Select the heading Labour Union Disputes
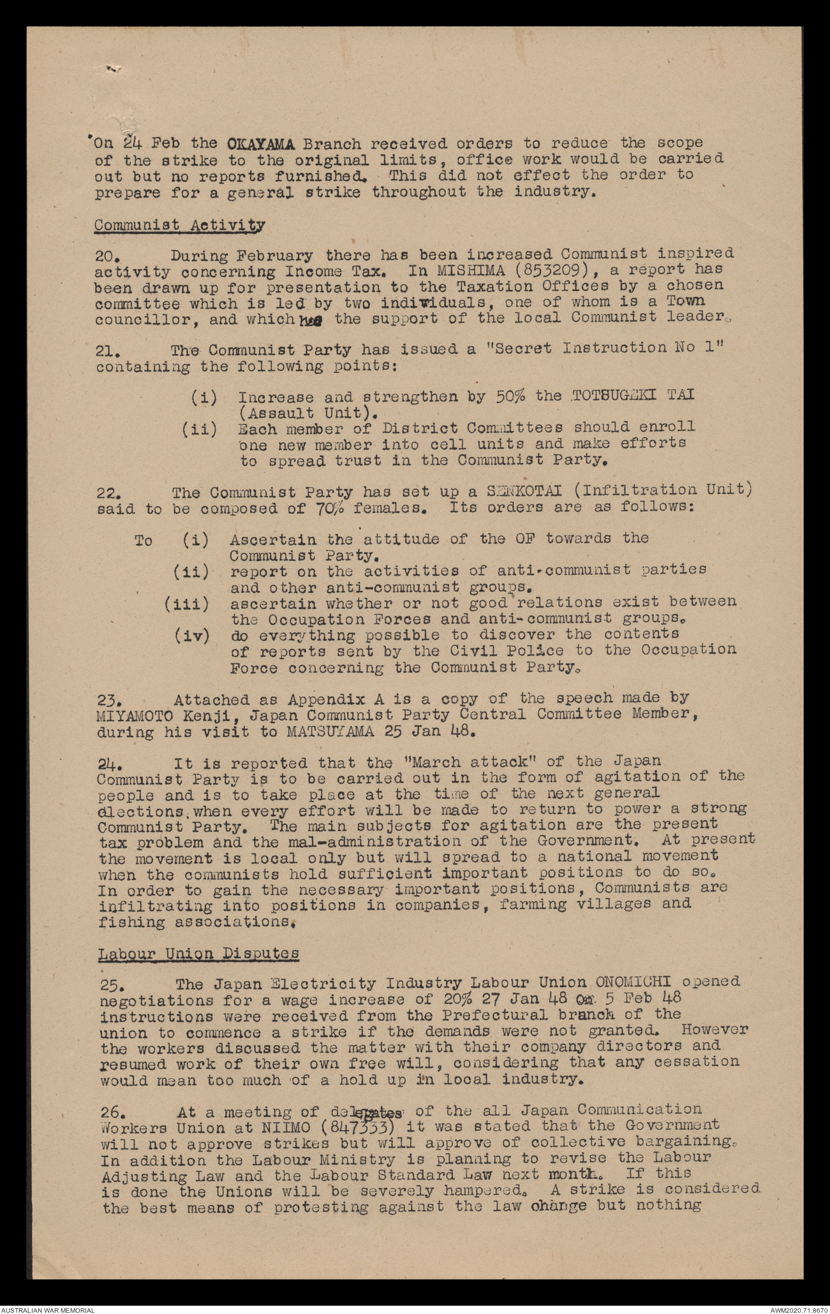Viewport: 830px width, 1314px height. point(198,953)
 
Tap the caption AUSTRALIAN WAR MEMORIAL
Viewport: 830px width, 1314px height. point(48,1308)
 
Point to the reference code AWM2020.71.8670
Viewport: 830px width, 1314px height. point(797,1308)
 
